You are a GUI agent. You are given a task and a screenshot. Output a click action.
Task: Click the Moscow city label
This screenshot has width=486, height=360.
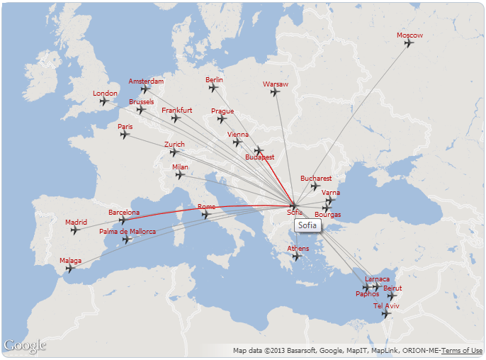(x=409, y=35)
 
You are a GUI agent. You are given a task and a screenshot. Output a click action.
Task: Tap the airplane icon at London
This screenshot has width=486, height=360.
(x=104, y=101)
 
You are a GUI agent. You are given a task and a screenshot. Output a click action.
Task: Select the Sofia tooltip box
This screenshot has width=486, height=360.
(x=307, y=225)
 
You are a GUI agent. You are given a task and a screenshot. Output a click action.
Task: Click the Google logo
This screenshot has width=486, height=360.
(x=25, y=346)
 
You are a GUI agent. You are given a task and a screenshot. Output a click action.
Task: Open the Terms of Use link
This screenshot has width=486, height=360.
(x=462, y=351)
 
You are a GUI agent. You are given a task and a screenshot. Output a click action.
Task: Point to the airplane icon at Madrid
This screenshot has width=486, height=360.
(x=75, y=230)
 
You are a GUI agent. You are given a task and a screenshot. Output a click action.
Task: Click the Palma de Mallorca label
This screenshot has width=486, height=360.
(x=128, y=231)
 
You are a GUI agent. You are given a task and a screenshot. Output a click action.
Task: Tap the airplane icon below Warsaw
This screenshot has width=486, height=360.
(x=275, y=91)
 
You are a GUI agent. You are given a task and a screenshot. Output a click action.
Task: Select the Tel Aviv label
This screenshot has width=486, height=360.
(x=387, y=305)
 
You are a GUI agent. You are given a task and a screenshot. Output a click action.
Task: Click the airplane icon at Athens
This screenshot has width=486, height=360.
(x=297, y=257)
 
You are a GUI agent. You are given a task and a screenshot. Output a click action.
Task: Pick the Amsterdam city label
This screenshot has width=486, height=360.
(x=146, y=81)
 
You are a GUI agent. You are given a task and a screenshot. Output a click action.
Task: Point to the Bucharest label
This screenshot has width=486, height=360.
(x=316, y=178)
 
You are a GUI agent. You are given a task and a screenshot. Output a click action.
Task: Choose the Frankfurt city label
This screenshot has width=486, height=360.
(x=176, y=111)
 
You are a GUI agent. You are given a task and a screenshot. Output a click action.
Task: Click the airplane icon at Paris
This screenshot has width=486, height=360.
(x=125, y=135)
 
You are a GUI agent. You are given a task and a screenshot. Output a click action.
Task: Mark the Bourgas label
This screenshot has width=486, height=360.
(x=327, y=215)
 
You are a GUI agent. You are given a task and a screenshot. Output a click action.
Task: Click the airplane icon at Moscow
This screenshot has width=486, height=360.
(x=409, y=43)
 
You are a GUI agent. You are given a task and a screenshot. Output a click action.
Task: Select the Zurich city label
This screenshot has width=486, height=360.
(x=174, y=145)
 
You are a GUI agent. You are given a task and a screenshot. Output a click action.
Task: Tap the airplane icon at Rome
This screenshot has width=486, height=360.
(x=205, y=215)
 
